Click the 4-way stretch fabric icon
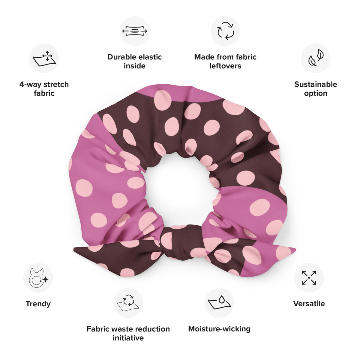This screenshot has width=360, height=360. tap(44, 58)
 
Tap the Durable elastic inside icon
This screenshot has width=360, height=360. tap(134, 31)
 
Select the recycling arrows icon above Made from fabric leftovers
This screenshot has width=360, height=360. tap(225, 31)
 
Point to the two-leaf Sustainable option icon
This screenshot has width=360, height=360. tap(316, 58)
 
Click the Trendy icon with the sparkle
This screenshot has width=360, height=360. tap(38, 277)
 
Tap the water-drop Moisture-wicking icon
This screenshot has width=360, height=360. tap(219, 303)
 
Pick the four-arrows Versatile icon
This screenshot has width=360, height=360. tap(309, 277)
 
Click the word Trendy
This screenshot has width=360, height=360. tap(38, 304)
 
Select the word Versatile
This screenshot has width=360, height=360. tap(309, 304)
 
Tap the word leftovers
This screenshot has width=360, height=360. tap(225, 66)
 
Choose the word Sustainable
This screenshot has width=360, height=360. tap(316, 84)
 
